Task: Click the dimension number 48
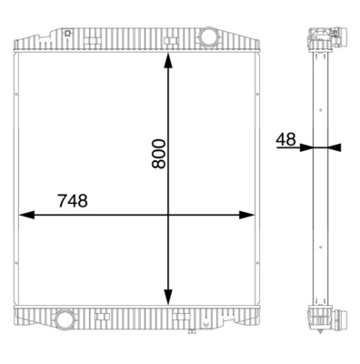(285, 139)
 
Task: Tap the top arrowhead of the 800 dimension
(167, 61)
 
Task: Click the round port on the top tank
(208, 39)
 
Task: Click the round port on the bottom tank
(65, 320)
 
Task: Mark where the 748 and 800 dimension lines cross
(167, 216)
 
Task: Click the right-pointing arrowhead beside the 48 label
(306, 147)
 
